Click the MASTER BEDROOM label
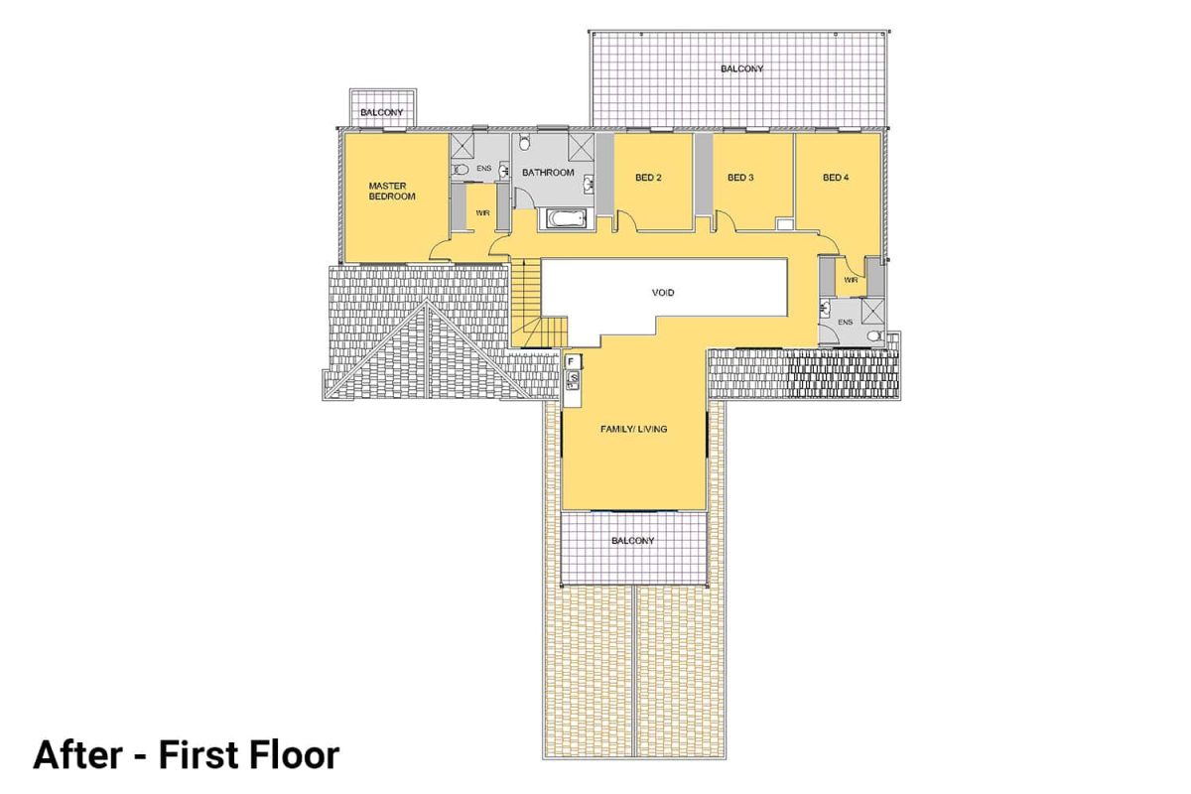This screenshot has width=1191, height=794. coord(391,191)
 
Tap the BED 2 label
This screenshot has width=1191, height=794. coord(648,178)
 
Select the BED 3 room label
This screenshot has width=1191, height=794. coord(740,178)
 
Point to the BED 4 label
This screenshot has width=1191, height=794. coord(837,178)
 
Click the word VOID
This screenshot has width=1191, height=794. coord(664,293)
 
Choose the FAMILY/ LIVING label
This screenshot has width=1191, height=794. coord(633,429)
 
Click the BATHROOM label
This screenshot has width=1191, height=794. coord(549,173)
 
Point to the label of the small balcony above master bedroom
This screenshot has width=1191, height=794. coord(381,112)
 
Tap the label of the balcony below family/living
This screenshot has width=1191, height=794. coord(632,541)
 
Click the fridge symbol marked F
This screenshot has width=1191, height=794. coord(574,361)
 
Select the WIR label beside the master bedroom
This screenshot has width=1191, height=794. coord(483,212)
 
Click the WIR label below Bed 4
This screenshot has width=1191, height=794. coord(851,280)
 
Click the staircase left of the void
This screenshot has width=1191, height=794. coord(529,298)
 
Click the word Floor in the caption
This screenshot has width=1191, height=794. coord(288,755)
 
